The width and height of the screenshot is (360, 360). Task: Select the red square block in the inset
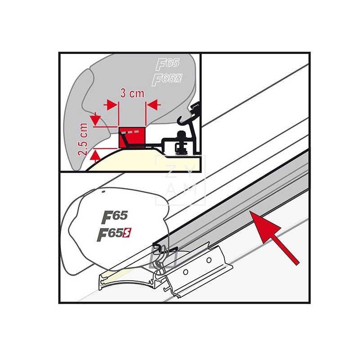click(132, 136)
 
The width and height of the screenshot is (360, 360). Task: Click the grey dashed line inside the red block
click(131, 132)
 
